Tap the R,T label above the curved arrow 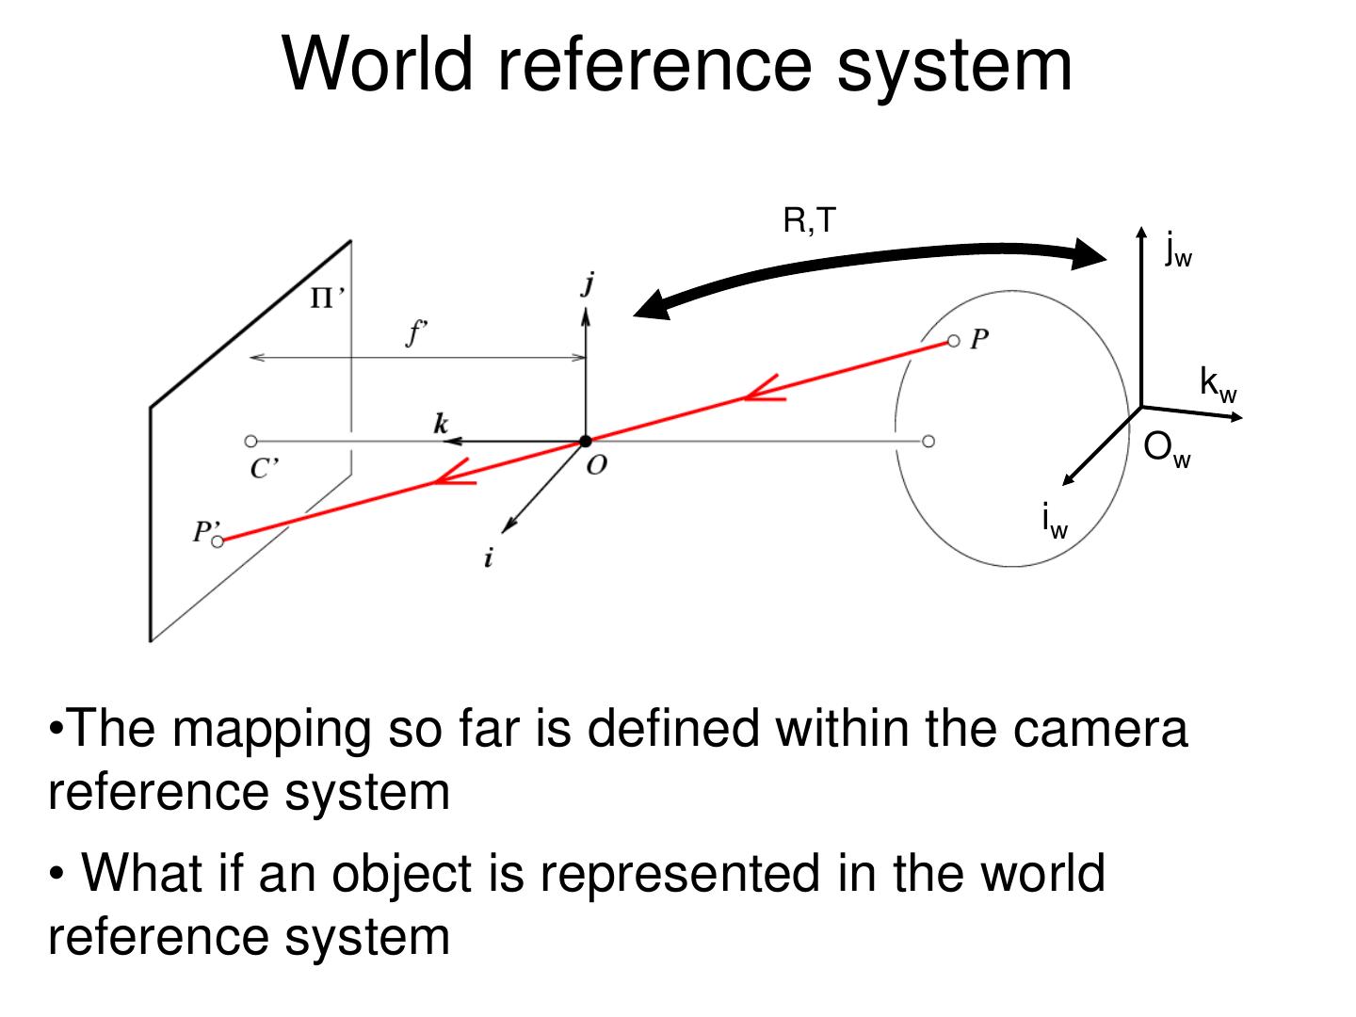pos(809,221)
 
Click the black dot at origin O pos(586,441)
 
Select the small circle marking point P pos(953,341)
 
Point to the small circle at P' pos(218,541)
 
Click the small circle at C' pos(250,441)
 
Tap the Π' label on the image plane pos(327,299)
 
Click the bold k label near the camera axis pos(441,423)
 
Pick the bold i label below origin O pos(488,557)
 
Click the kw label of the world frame pos(1218,384)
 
